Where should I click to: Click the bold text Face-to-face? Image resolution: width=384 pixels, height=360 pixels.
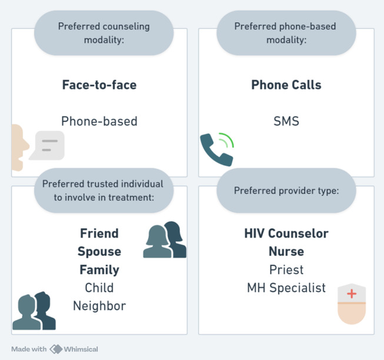pos(99,85)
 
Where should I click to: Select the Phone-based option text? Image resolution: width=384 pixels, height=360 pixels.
pos(99,122)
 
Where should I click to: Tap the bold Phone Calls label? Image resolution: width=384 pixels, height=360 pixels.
pos(286,85)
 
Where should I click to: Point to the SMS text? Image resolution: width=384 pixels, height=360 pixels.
pos(286,122)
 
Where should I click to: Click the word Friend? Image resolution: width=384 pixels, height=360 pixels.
pos(99,233)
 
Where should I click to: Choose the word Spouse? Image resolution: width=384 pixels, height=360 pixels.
pos(99,251)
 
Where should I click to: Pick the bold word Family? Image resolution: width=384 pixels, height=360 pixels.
pos(99,270)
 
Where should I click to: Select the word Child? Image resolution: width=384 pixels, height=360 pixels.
pos(99,288)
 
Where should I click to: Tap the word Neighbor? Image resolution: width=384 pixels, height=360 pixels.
pos(99,306)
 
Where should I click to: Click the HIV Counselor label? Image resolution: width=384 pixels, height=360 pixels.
pos(286,233)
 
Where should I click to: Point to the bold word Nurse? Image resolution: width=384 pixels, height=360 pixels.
pos(286,251)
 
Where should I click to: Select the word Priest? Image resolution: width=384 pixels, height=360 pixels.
pos(286,270)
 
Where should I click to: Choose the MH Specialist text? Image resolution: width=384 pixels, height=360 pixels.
pos(286,288)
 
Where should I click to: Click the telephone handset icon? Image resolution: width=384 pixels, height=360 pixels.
pos(215,149)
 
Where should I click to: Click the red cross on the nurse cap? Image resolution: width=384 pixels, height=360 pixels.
pos(352,294)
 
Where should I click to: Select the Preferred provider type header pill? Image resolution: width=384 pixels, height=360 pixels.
pos(286,191)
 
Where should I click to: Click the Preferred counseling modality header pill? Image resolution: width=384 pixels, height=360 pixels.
pos(104,33)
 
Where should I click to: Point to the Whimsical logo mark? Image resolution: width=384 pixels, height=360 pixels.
pos(56,349)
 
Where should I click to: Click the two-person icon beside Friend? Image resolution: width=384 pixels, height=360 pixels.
pos(165,240)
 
